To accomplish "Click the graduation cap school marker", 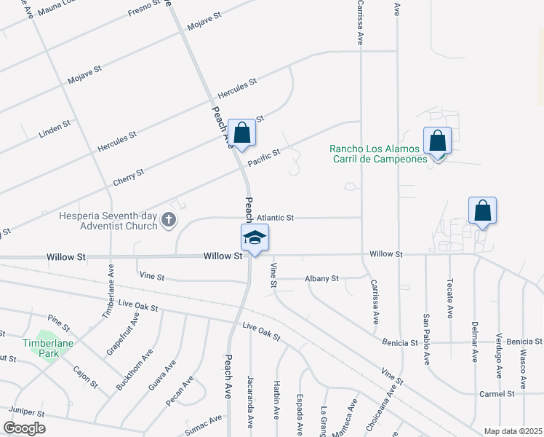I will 255,237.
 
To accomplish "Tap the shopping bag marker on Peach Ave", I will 242,133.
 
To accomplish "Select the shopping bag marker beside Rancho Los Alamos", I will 438,141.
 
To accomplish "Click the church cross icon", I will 169,220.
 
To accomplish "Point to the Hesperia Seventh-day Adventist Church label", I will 110,220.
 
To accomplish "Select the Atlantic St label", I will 275,217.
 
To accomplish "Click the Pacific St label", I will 263,156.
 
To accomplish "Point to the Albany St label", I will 322,278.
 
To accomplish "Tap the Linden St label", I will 55,130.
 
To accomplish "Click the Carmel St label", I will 497,393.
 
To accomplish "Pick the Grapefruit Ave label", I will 122,333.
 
